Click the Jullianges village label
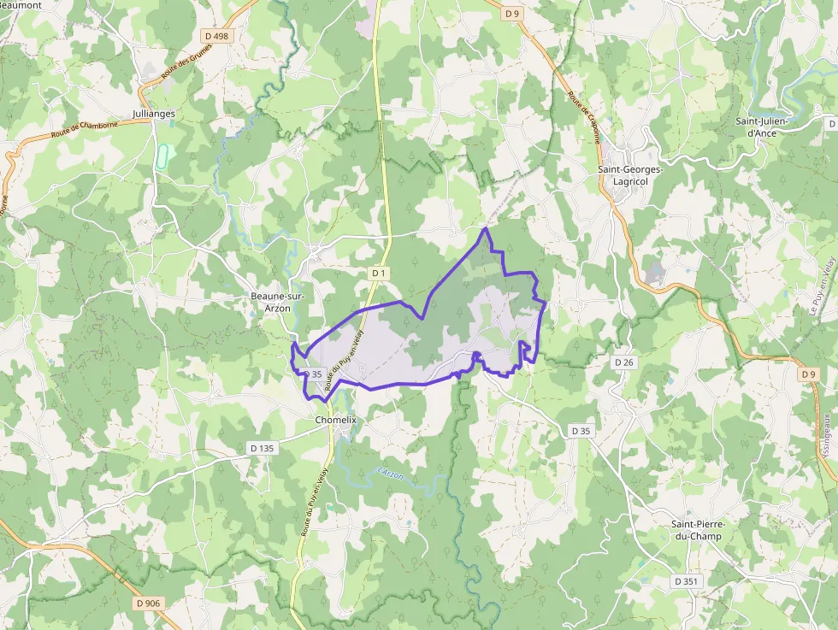point(154,114)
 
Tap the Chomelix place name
point(335,421)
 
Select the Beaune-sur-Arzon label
point(270,302)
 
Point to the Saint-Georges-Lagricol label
point(630,175)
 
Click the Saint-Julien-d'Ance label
point(762,127)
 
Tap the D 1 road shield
point(379,273)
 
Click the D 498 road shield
point(217,36)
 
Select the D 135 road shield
point(262,448)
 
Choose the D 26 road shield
point(624,362)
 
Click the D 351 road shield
point(686,581)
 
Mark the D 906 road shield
point(147,604)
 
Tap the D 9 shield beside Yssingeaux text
point(808,374)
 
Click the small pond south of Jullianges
point(162,156)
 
